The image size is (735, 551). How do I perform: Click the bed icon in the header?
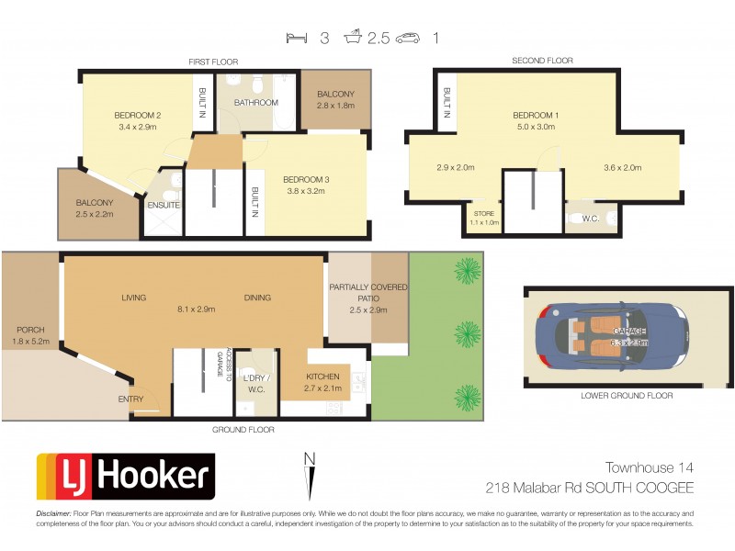[296, 38]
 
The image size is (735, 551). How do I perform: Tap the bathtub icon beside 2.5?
[354, 38]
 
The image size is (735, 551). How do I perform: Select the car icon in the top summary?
[408, 38]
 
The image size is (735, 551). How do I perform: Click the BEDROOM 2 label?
[138, 115]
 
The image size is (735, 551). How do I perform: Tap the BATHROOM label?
[255, 103]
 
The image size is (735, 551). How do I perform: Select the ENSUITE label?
[164, 204]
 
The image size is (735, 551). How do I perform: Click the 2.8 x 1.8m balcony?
[335, 100]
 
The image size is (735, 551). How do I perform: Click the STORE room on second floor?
[482, 218]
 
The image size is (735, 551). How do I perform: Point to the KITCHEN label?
[322, 377]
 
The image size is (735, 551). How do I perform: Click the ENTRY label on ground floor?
[130, 399]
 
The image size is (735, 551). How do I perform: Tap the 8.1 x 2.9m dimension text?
[196, 309]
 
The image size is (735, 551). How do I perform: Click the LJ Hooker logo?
[125, 477]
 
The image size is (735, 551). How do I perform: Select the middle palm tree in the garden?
[468, 332]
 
